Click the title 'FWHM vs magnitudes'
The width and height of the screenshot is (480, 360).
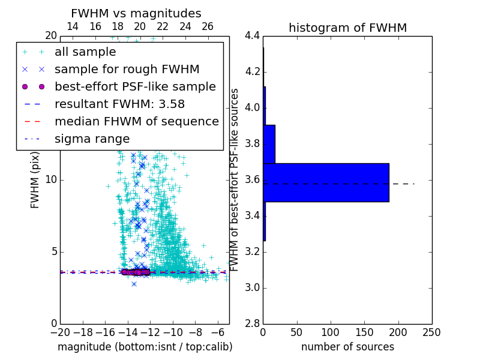(136, 13)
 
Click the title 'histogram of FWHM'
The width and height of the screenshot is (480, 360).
(347, 28)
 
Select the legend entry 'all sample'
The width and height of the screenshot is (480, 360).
(85, 52)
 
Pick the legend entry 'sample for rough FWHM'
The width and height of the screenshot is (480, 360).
(127, 70)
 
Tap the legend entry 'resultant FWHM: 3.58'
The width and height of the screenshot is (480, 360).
(119, 104)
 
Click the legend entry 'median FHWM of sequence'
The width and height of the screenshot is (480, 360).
(136, 121)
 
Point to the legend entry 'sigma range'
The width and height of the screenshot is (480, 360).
(92, 139)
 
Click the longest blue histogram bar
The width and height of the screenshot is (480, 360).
(326, 182)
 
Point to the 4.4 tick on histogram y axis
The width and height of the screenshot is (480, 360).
(253, 36)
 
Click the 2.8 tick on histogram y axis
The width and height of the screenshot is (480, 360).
(253, 323)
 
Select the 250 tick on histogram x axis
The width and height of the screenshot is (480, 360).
(431, 332)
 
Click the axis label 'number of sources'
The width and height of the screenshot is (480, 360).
(347, 347)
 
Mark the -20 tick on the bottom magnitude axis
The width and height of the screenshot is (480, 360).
(60, 332)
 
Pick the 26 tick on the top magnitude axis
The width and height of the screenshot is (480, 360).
(208, 26)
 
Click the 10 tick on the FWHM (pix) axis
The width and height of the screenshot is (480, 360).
(51, 180)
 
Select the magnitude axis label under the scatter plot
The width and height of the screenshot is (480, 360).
(145, 347)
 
